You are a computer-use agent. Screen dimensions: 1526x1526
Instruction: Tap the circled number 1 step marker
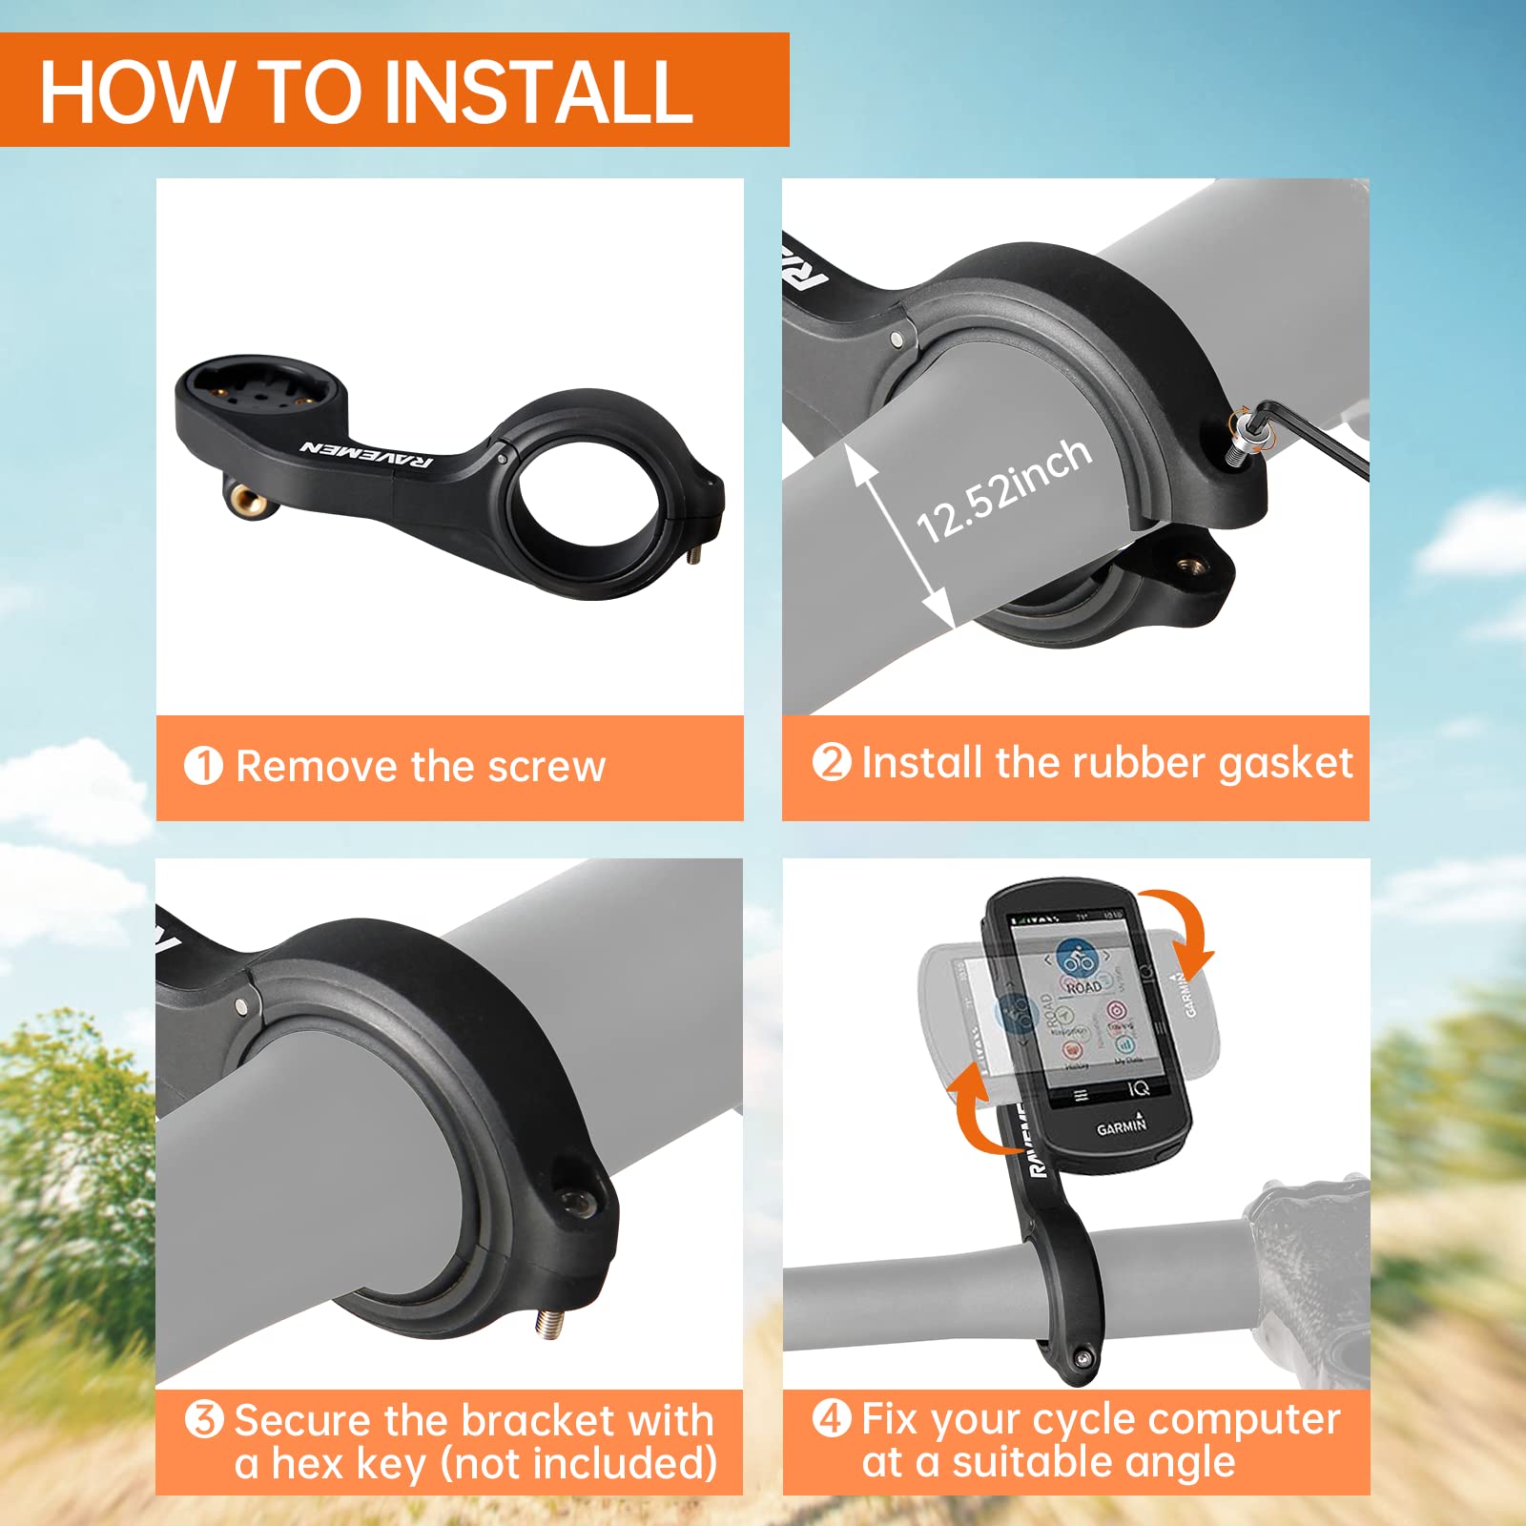203,766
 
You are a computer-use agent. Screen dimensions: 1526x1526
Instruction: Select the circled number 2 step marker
831,762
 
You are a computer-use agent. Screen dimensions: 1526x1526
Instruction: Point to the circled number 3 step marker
204,1419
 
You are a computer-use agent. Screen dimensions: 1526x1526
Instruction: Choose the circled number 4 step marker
831,1418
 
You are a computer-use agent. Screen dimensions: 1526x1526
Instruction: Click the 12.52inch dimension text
1003,490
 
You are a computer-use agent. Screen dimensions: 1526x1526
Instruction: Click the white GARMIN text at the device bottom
1121,1126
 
